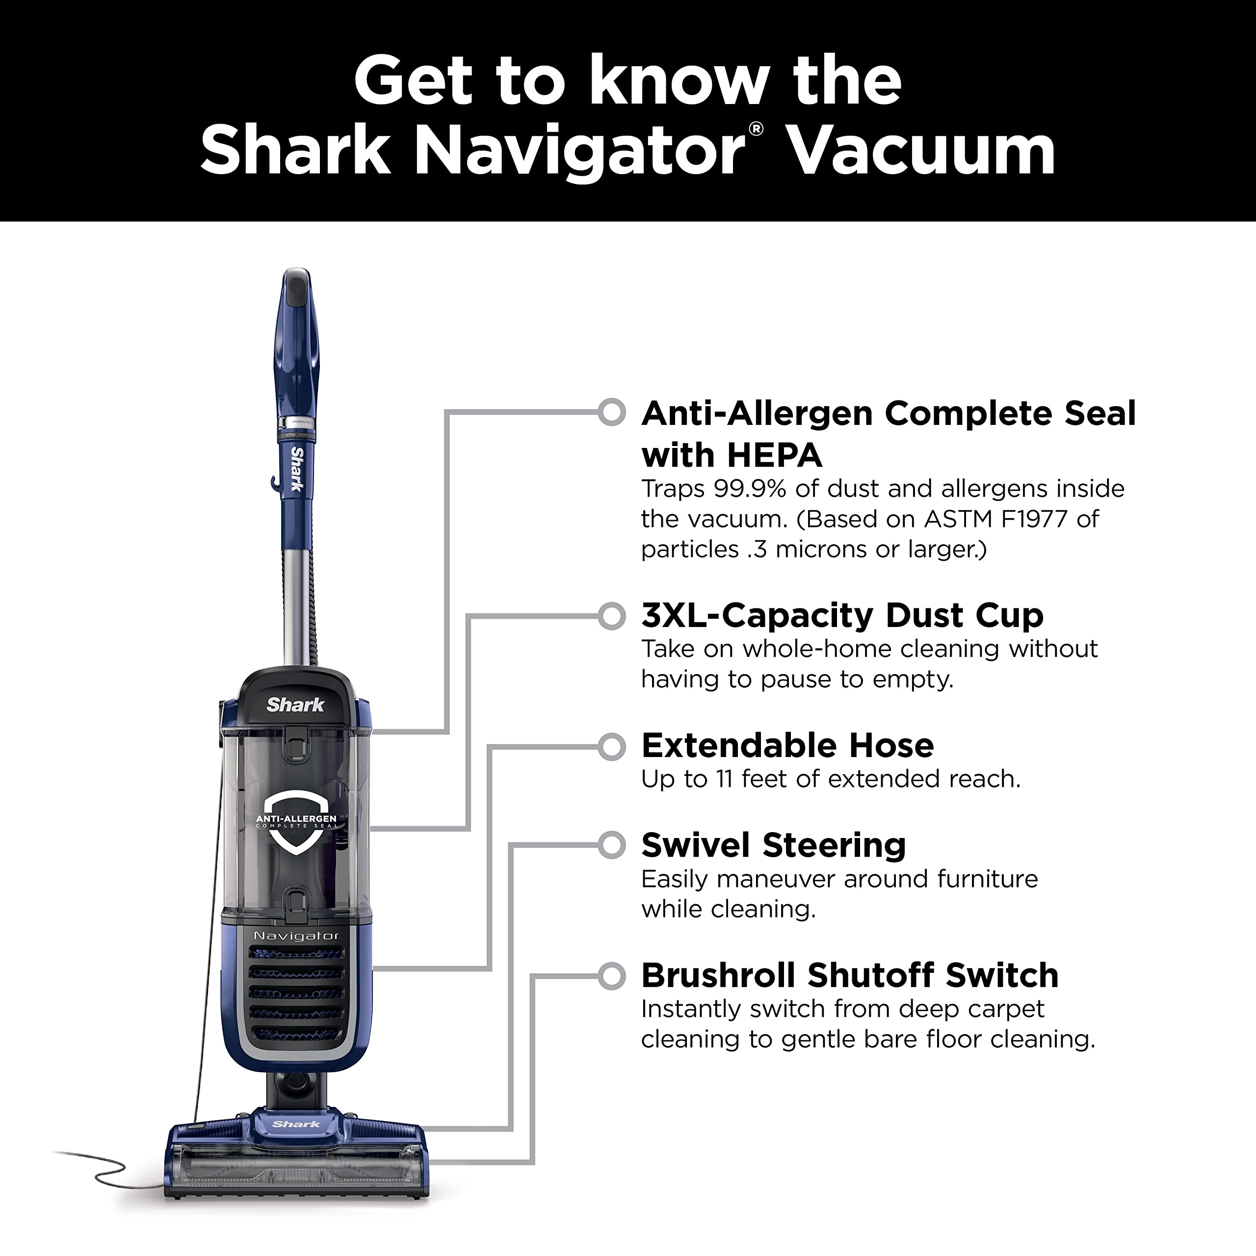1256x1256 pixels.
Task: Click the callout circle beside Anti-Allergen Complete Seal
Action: pyautogui.click(x=611, y=412)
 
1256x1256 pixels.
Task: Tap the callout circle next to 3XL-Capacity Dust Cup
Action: pyautogui.click(x=611, y=616)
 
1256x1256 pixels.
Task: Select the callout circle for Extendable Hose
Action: pyautogui.click(x=611, y=746)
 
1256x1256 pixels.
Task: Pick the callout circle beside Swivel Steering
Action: pyautogui.click(x=611, y=845)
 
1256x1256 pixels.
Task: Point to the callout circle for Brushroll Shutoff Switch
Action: pyautogui.click(x=611, y=976)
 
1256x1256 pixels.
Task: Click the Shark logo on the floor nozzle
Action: pyautogui.click(x=296, y=1124)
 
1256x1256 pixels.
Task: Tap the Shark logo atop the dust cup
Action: pyautogui.click(x=295, y=705)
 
